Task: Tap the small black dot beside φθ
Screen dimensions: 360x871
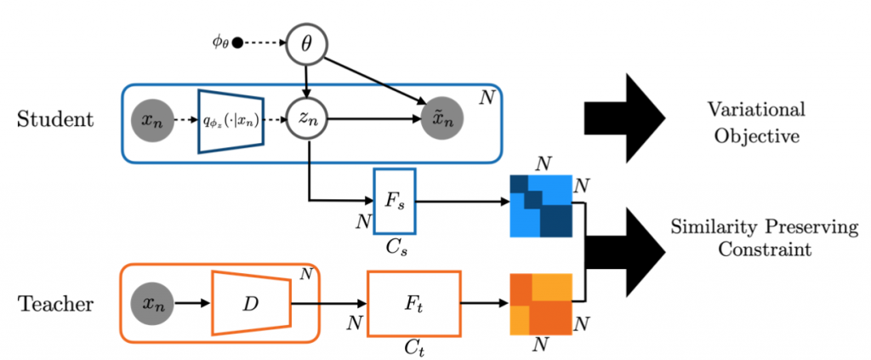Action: tap(239, 42)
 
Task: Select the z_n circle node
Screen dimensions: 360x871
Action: tap(307, 121)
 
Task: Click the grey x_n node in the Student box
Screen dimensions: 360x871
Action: tap(154, 121)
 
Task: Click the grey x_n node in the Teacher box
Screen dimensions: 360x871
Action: tap(153, 301)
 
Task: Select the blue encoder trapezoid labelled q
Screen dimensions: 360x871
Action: tap(232, 121)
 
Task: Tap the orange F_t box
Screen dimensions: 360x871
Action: tap(413, 301)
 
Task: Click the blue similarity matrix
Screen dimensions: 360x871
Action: tap(540, 206)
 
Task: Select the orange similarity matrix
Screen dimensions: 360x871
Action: tap(540, 303)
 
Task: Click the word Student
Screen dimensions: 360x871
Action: tap(55, 120)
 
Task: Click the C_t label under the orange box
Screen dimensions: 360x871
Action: tap(413, 350)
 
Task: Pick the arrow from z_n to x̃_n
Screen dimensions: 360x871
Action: tap(374, 121)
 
